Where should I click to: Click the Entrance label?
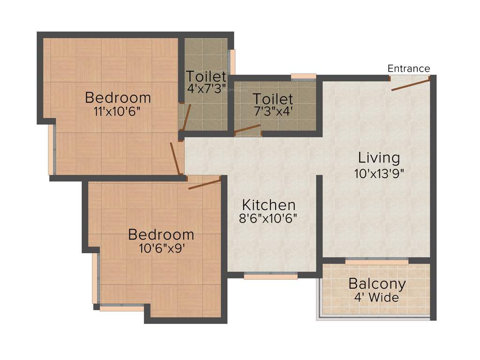pyautogui.click(x=408, y=68)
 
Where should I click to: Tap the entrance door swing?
pyautogui.click(x=411, y=85)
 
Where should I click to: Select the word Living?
pyautogui.click(x=379, y=157)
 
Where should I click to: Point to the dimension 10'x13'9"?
pyautogui.click(x=379, y=173)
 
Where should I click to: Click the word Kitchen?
pyautogui.click(x=269, y=205)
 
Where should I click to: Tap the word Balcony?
pyautogui.click(x=377, y=284)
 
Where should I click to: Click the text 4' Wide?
pyautogui.click(x=377, y=298)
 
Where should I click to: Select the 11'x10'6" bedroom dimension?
pyautogui.click(x=118, y=112)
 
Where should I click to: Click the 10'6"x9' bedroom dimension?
pyautogui.click(x=161, y=248)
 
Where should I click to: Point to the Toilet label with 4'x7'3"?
pyautogui.click(x=206, y=76)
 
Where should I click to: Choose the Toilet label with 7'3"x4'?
pyautogui.click(x=273, y=99)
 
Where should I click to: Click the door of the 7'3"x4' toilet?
pyautogui.click(x=247, y=129)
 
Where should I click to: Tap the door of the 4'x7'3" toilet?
pyautogui.click(x=186, y=117)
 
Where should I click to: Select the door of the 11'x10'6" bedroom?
pyautogui.click(x=176, y=159)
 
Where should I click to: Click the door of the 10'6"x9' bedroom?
pyautogui.click(x=204, y=183)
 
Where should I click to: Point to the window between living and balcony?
pyautogui.click(x=376, y=261)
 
